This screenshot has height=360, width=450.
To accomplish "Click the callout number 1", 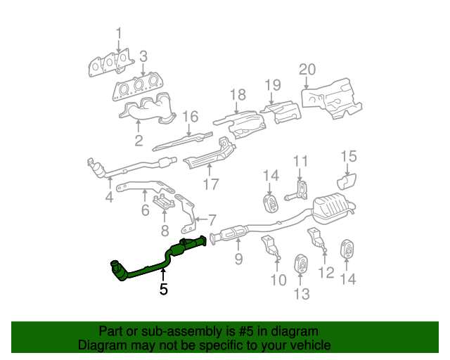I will point(118,32).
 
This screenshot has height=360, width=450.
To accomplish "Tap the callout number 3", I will point(143,56).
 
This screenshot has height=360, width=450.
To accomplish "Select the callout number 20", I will point(307,69).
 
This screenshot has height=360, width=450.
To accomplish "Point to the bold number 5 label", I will point(163,288).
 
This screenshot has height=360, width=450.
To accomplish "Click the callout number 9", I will point(238,259).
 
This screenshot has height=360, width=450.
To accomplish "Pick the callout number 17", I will point(211,185).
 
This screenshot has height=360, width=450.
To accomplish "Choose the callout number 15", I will point(349,156).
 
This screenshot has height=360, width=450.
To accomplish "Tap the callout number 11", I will point(300,161).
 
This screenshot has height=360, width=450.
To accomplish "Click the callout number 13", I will point(301,295).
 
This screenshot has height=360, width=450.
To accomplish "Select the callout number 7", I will point(212,219).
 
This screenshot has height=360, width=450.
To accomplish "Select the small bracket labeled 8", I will point(165,205).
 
